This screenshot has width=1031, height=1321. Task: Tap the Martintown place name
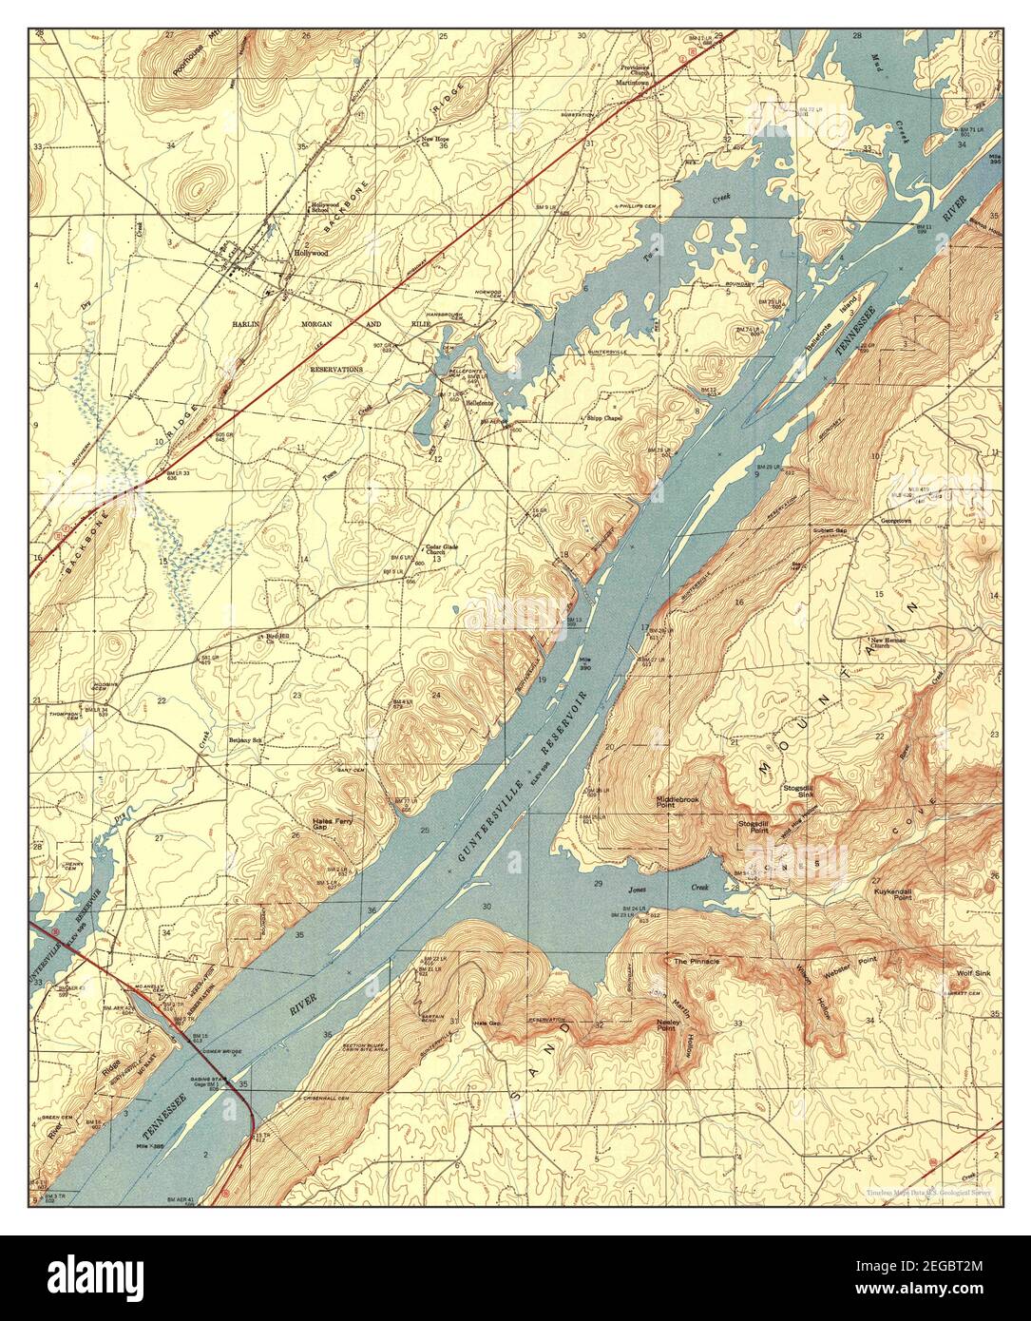[637, 80]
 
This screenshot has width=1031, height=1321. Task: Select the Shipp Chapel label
[603, 417]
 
